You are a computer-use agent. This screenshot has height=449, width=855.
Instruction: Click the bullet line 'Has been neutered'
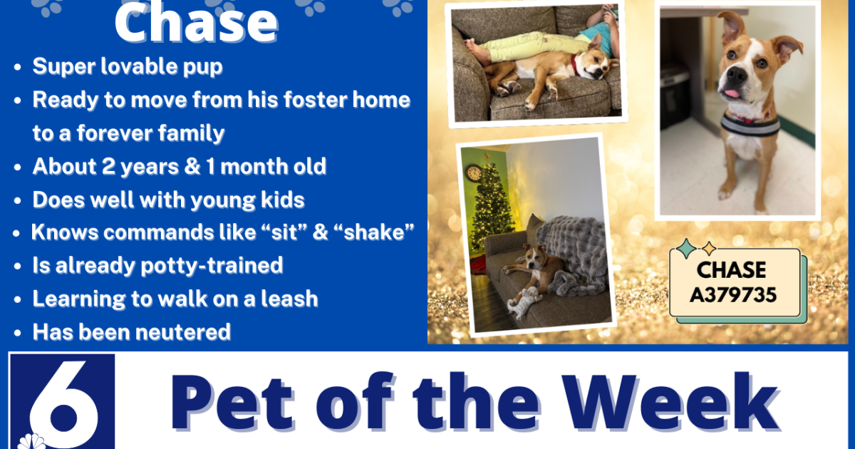click(132, 331)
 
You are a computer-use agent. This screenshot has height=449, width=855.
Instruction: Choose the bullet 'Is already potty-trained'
click(157, 266)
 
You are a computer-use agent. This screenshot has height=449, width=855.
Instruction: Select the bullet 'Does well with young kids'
click(169, 200)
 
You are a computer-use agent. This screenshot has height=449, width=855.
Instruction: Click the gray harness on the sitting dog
click(750, 125)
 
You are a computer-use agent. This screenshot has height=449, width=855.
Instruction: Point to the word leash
click(284, 299)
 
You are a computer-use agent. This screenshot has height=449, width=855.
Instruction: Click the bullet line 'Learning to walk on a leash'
click(175, 299)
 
